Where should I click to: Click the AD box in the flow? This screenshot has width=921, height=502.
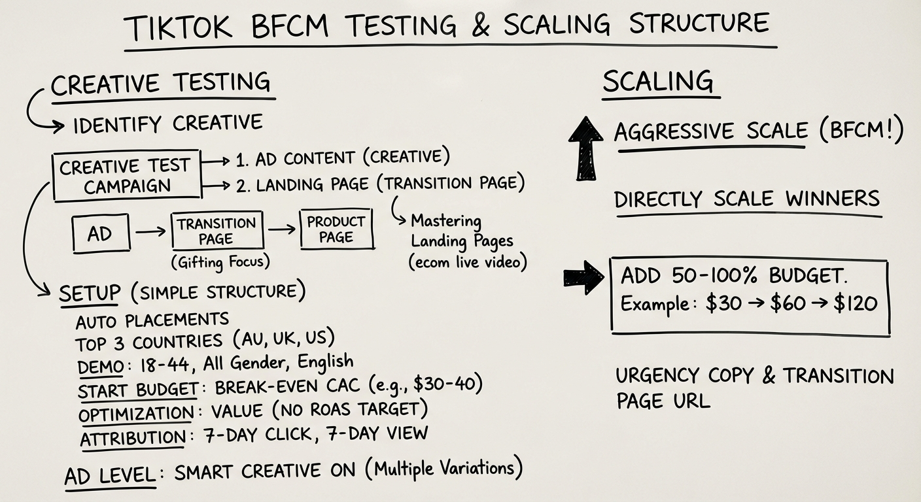tap(100, 233)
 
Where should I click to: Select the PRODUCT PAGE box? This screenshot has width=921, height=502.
tap(336, 229)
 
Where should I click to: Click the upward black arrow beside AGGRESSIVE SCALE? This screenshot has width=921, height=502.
tap(585, 148)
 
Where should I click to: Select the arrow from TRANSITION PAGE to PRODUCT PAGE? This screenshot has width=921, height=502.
tap(281, 230)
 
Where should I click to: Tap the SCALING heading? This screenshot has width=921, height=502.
tap(658, 82)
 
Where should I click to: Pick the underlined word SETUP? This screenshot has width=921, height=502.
tap(90, 292)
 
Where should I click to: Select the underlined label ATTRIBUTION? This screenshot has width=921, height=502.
tap(133, 437)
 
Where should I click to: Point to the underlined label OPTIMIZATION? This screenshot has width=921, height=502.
tap(135, 414)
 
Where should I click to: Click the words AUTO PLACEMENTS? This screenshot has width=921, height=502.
tap(152, 320)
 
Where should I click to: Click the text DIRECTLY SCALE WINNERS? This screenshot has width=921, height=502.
tap(747, 199)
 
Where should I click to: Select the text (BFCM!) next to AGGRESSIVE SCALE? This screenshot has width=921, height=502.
tap(860, 131)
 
